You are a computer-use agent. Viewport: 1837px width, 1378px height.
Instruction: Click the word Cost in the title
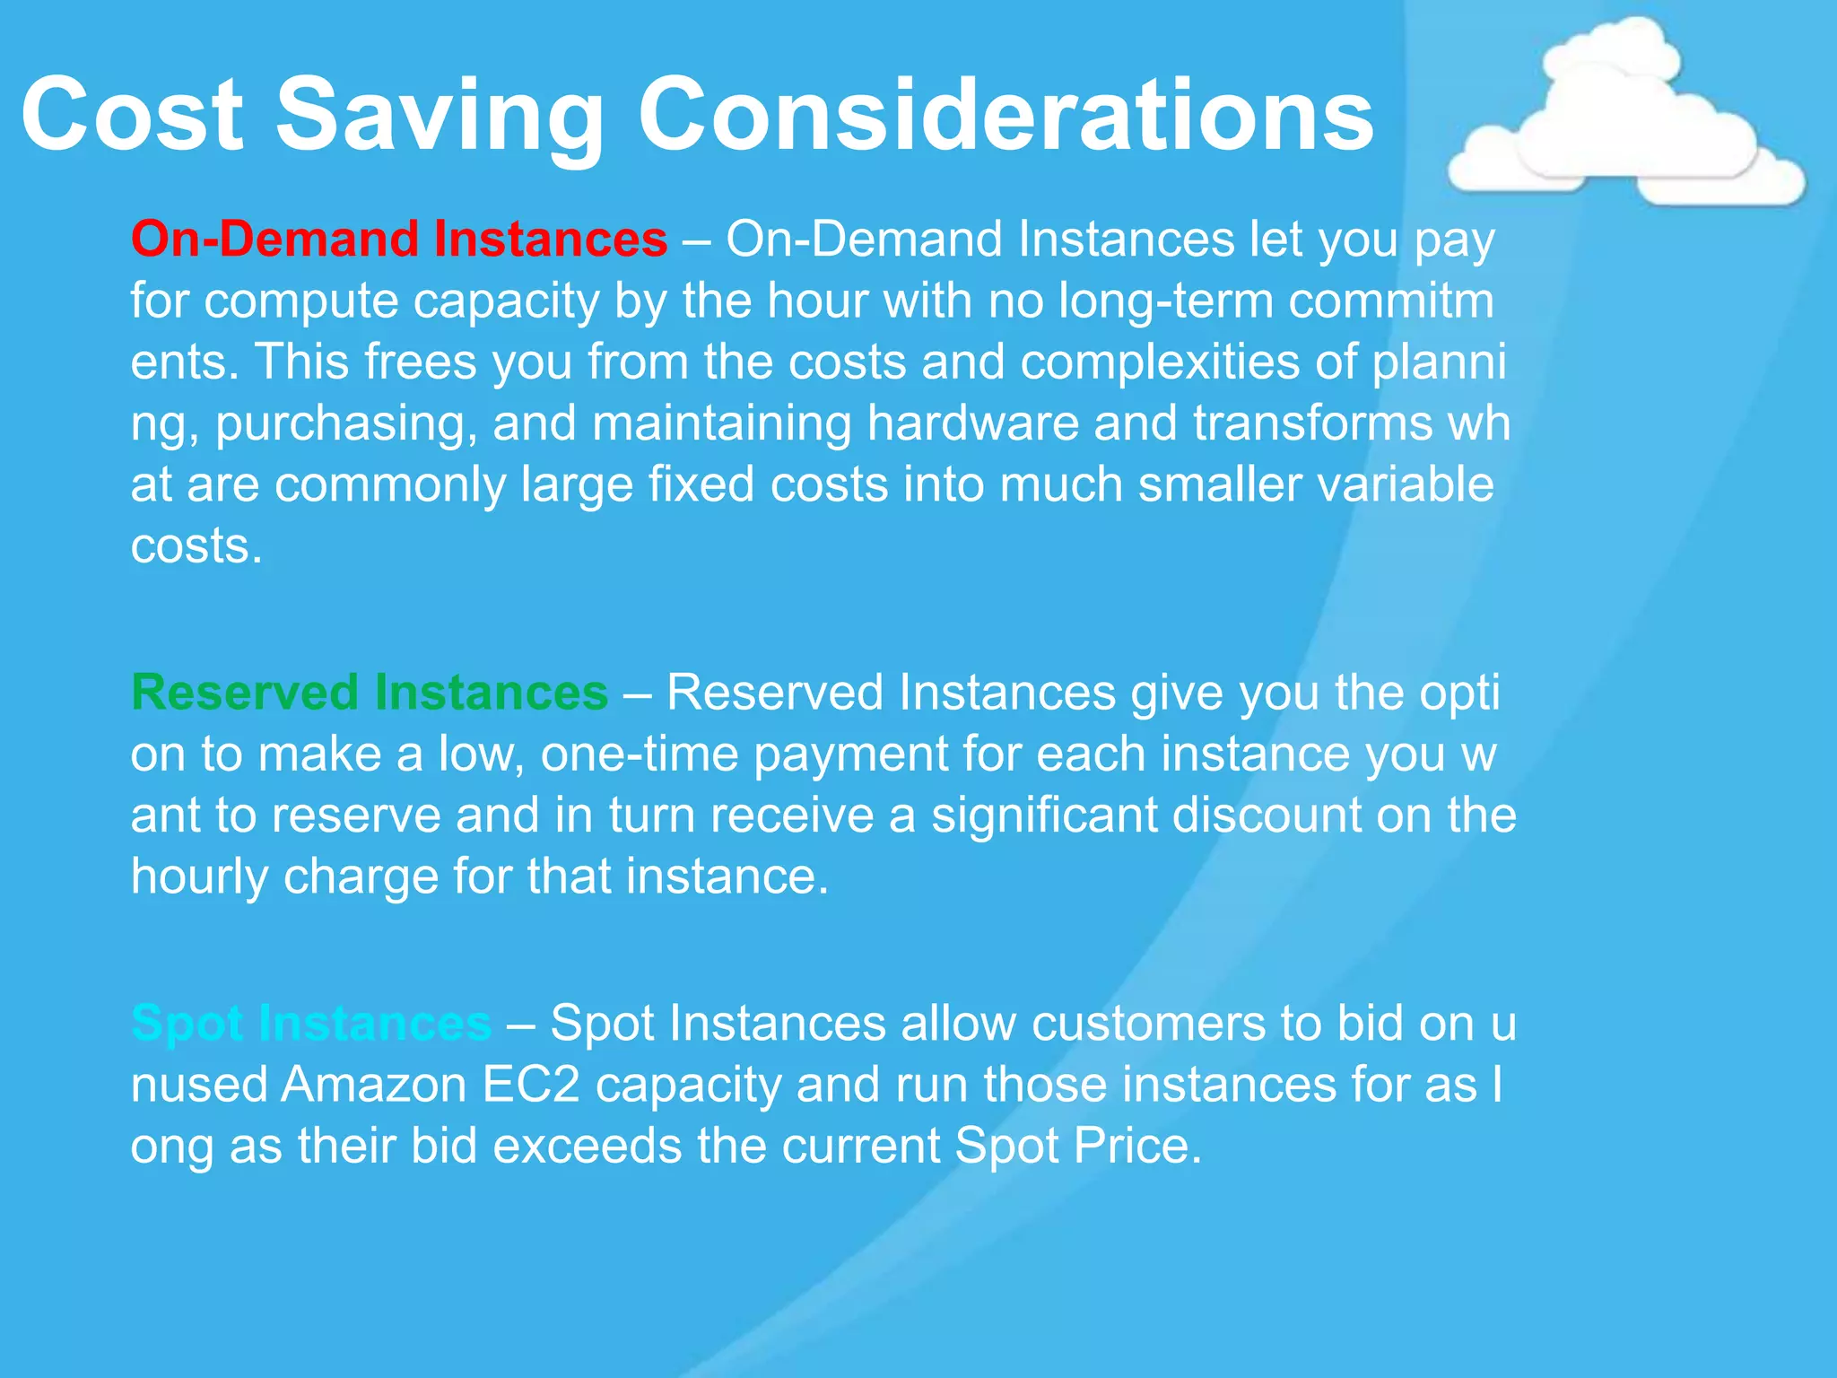point(132,115)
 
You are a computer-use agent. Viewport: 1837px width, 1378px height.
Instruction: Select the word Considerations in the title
point(1005,115)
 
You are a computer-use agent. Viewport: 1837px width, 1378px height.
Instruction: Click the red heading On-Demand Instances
point(399,240)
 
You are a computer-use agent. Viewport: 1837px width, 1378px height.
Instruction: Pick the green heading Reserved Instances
point(370,693)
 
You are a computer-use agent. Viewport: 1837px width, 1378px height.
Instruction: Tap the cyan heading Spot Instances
point(310,1023)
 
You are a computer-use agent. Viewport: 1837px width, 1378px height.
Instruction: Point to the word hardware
point(972,423)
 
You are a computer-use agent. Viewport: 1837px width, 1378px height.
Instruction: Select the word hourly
point(199,877)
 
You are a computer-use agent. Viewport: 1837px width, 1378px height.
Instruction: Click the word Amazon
point(374,1085)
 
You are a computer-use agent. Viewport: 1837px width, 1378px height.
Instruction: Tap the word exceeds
point(587,1146)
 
